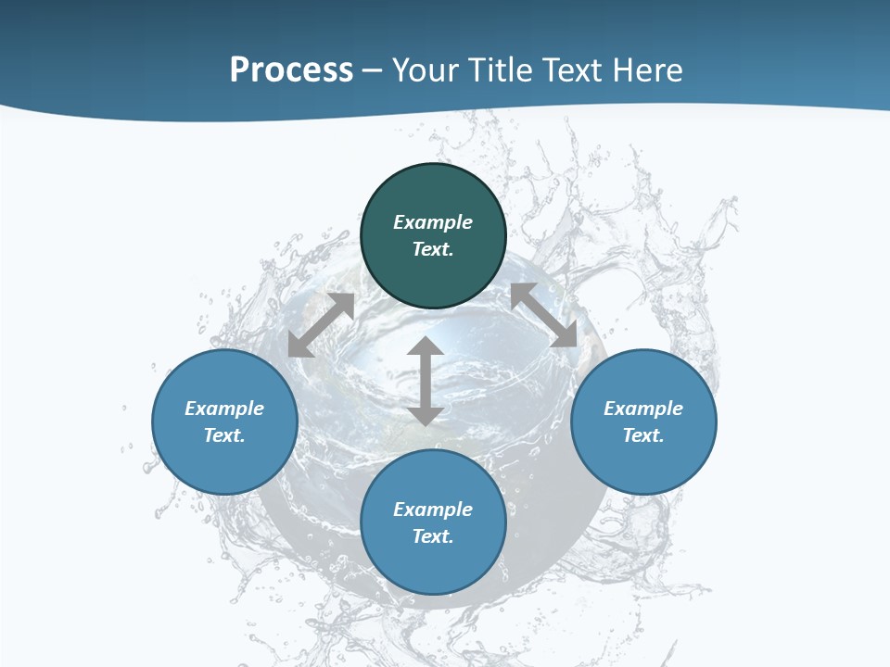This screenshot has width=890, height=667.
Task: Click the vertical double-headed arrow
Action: click(x=426, y=381)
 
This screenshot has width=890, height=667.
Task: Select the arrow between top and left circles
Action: click(x=321, y=325)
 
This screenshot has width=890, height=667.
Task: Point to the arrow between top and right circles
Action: click(x=543, y=314)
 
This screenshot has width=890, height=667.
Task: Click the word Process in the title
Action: click(x=291, y=69)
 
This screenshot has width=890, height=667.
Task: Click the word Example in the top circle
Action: click(x=433, y=222)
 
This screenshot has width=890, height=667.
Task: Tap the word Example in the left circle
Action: click(x=224, y=409)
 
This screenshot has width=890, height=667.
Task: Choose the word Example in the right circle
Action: click(x=643, y=409)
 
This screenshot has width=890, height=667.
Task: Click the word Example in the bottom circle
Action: click(x=433, y=510)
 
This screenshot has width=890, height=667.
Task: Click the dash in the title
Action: click(x=373, y=70)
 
